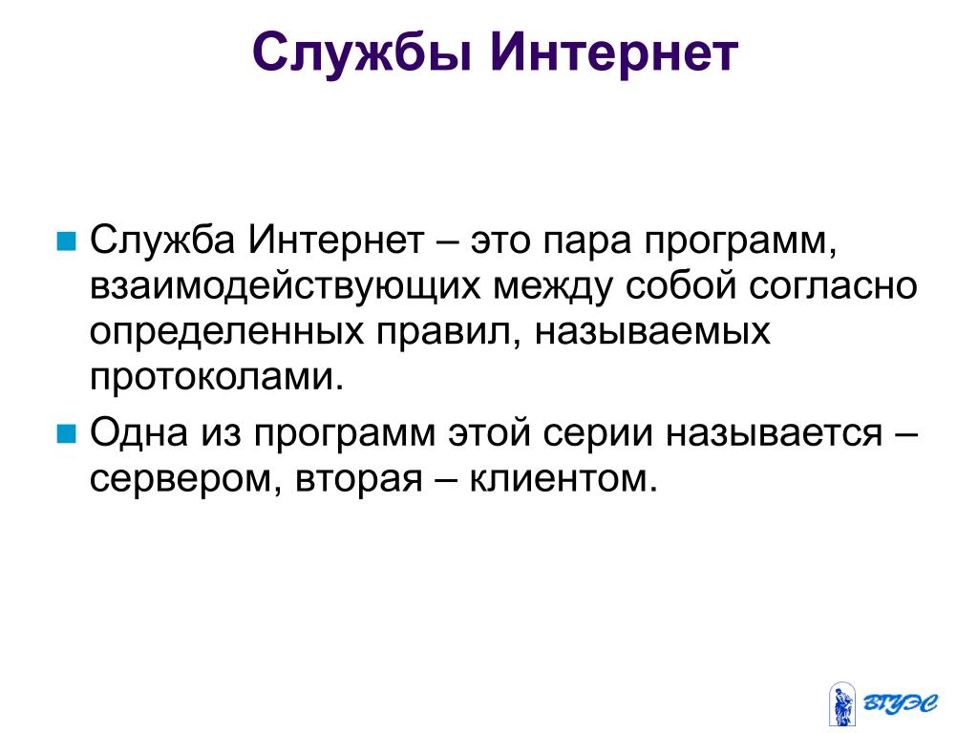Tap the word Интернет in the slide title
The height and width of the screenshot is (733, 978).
(x=614, y=52)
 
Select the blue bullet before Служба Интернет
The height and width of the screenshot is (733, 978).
(x=66, y=241)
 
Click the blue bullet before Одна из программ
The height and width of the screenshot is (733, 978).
(x=66, y=433)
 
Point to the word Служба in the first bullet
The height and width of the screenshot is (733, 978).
(x=162, y=240)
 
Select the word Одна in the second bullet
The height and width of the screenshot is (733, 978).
(x=138, y=433)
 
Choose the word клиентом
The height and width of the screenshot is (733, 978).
(x=563, y=479)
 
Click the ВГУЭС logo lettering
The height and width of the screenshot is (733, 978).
(x=900, y=703)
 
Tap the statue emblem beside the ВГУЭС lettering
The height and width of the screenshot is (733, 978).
(x=842, y=703)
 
